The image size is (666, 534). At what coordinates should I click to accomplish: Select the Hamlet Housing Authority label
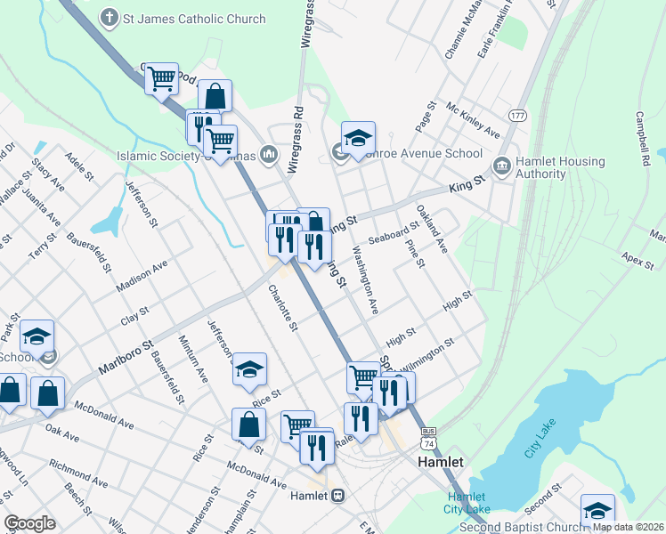pos(559,167)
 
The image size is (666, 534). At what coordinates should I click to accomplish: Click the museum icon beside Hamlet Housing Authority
pos(501,166)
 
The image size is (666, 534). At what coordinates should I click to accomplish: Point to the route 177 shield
pos(517,117)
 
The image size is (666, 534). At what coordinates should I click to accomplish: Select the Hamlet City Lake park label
pos(467,503)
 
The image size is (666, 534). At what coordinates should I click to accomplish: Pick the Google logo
pos(29,523)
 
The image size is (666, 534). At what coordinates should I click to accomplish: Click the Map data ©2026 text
pos(627,527)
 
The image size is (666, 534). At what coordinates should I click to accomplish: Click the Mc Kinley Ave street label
pos(473,119)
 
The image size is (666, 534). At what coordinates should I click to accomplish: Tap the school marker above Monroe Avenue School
pos(358,138)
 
